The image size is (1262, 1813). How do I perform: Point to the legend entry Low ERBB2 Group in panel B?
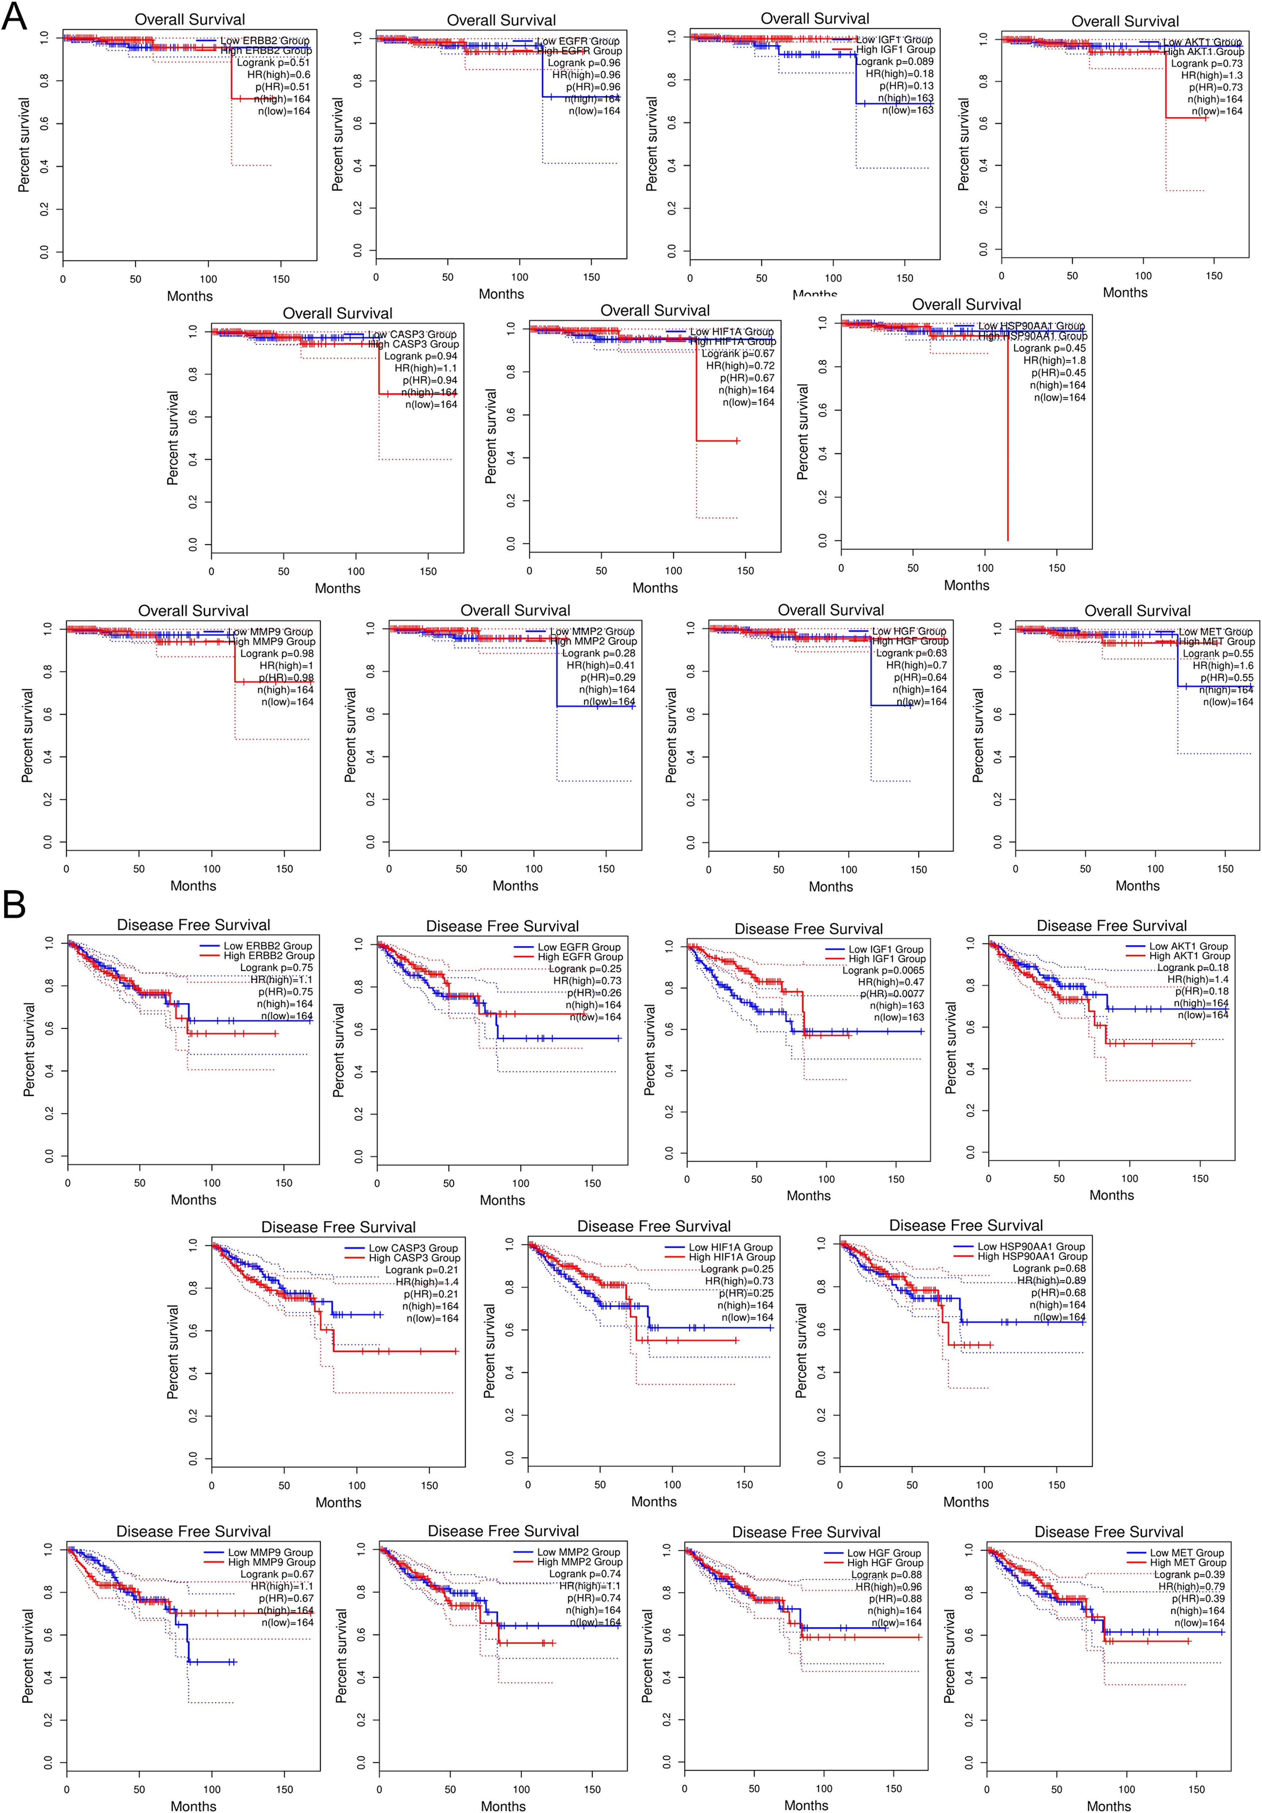click(x=267, y=946)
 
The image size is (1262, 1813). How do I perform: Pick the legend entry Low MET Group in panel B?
click(x=1186, y=1552)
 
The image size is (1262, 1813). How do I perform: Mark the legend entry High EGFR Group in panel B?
click(x=580, y=957)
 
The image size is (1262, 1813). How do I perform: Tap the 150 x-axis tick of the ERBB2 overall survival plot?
click(x=281, y=279)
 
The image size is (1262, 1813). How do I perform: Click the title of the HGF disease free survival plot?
click(x=806, y=1532)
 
